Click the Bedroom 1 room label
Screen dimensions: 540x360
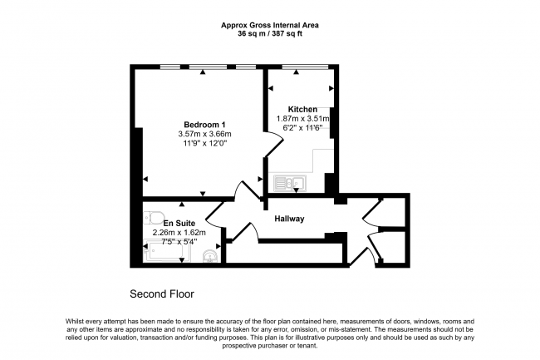click(x=204, y=125)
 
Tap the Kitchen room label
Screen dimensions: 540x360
click(x=302, y=109)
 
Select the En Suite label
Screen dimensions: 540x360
click(x=179, y=223)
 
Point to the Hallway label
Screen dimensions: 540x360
click(x=289, y=219)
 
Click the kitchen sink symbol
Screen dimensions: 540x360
click(x=290, y=183)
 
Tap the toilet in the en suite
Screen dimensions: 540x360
click(x=154, y=218)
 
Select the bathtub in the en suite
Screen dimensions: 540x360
click(x=166, y=251)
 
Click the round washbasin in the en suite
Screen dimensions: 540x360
click(x=209, y=256)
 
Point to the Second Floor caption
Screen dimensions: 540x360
click(x=162, y=293)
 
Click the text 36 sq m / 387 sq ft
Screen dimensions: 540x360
click(x=270, y=34)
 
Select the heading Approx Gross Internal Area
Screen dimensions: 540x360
click(x=270, y=25)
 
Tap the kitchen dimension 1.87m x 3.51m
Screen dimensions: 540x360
click(x=302, y=119)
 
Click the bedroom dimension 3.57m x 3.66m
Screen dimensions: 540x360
click(x=204, y=134)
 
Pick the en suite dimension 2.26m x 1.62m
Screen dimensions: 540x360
click(x=179, y=233)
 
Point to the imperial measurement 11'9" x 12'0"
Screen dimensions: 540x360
click(x=204, y=143)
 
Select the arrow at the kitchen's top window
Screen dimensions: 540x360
click(x=296, y=72)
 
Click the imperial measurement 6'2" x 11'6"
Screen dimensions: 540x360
click(x=302, y=128)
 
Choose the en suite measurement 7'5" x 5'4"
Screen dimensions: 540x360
click(x=179, y=242)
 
